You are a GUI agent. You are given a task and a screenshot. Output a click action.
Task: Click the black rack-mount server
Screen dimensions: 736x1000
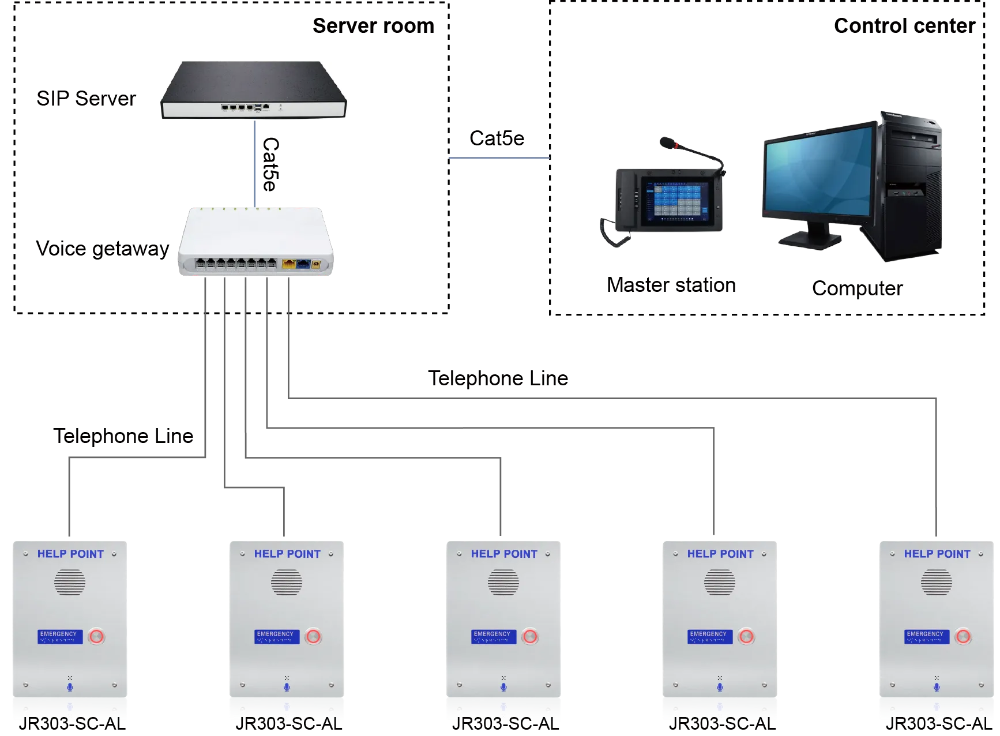pos(254,87)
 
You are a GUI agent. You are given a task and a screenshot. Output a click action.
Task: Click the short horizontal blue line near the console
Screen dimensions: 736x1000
pos(499,159)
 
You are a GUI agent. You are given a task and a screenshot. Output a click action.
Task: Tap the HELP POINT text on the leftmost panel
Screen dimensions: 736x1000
pos(70,554)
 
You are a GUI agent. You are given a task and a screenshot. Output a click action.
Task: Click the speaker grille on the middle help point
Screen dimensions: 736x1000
pos(503,583)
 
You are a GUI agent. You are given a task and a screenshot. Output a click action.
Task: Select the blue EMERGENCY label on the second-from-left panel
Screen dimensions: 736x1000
pos(276,636)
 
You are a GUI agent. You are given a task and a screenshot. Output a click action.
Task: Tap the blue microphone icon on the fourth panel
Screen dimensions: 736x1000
pos(720,687)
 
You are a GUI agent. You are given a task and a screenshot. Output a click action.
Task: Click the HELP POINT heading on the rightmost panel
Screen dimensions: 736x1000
pos(937,554)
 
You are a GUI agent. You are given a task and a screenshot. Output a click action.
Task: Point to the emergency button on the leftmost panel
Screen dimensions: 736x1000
pos(96,637)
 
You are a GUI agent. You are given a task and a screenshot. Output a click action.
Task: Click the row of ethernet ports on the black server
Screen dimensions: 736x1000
pos(236,107)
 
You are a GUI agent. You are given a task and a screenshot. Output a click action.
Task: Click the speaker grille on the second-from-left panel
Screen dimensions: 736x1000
pos(287,583)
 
